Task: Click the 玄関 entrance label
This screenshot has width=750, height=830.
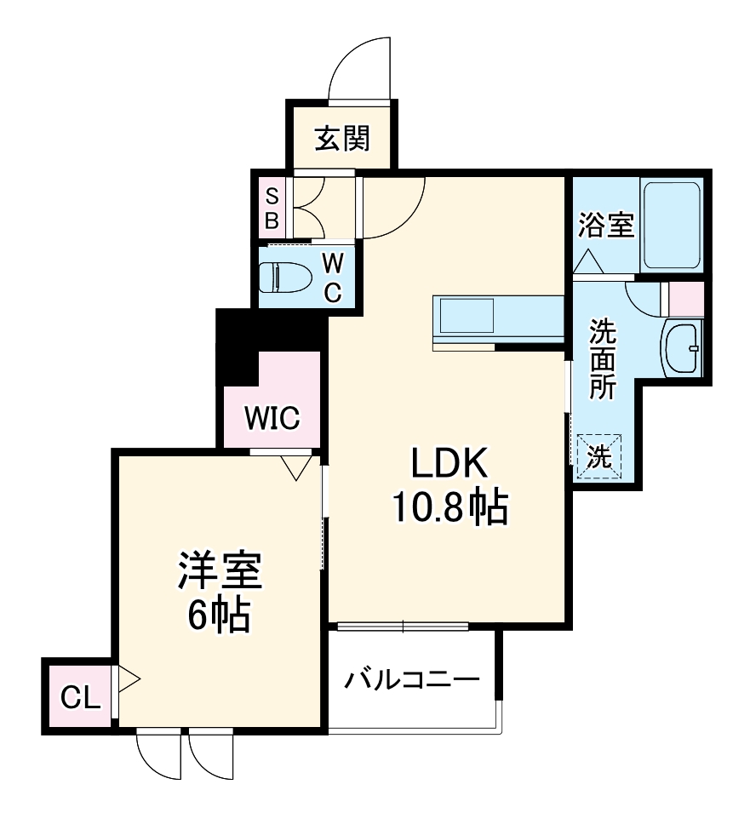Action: coord(342,138)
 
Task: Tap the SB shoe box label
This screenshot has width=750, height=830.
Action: coord(272,208)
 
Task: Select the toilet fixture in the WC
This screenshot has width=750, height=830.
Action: coord(283,278)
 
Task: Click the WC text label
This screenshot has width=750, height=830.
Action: coord(332,278)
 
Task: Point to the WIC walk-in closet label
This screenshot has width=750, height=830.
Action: coord(272,418)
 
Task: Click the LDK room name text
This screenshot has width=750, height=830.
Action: coord(449,466)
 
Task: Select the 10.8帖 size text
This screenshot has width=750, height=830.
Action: coord(449,508)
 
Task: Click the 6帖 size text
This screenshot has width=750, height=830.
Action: coord(218,615)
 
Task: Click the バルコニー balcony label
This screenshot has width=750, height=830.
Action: coord(412,680)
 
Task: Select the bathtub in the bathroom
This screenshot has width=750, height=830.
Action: coord(672,225)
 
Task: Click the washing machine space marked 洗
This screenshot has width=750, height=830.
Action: coord(600,457)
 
